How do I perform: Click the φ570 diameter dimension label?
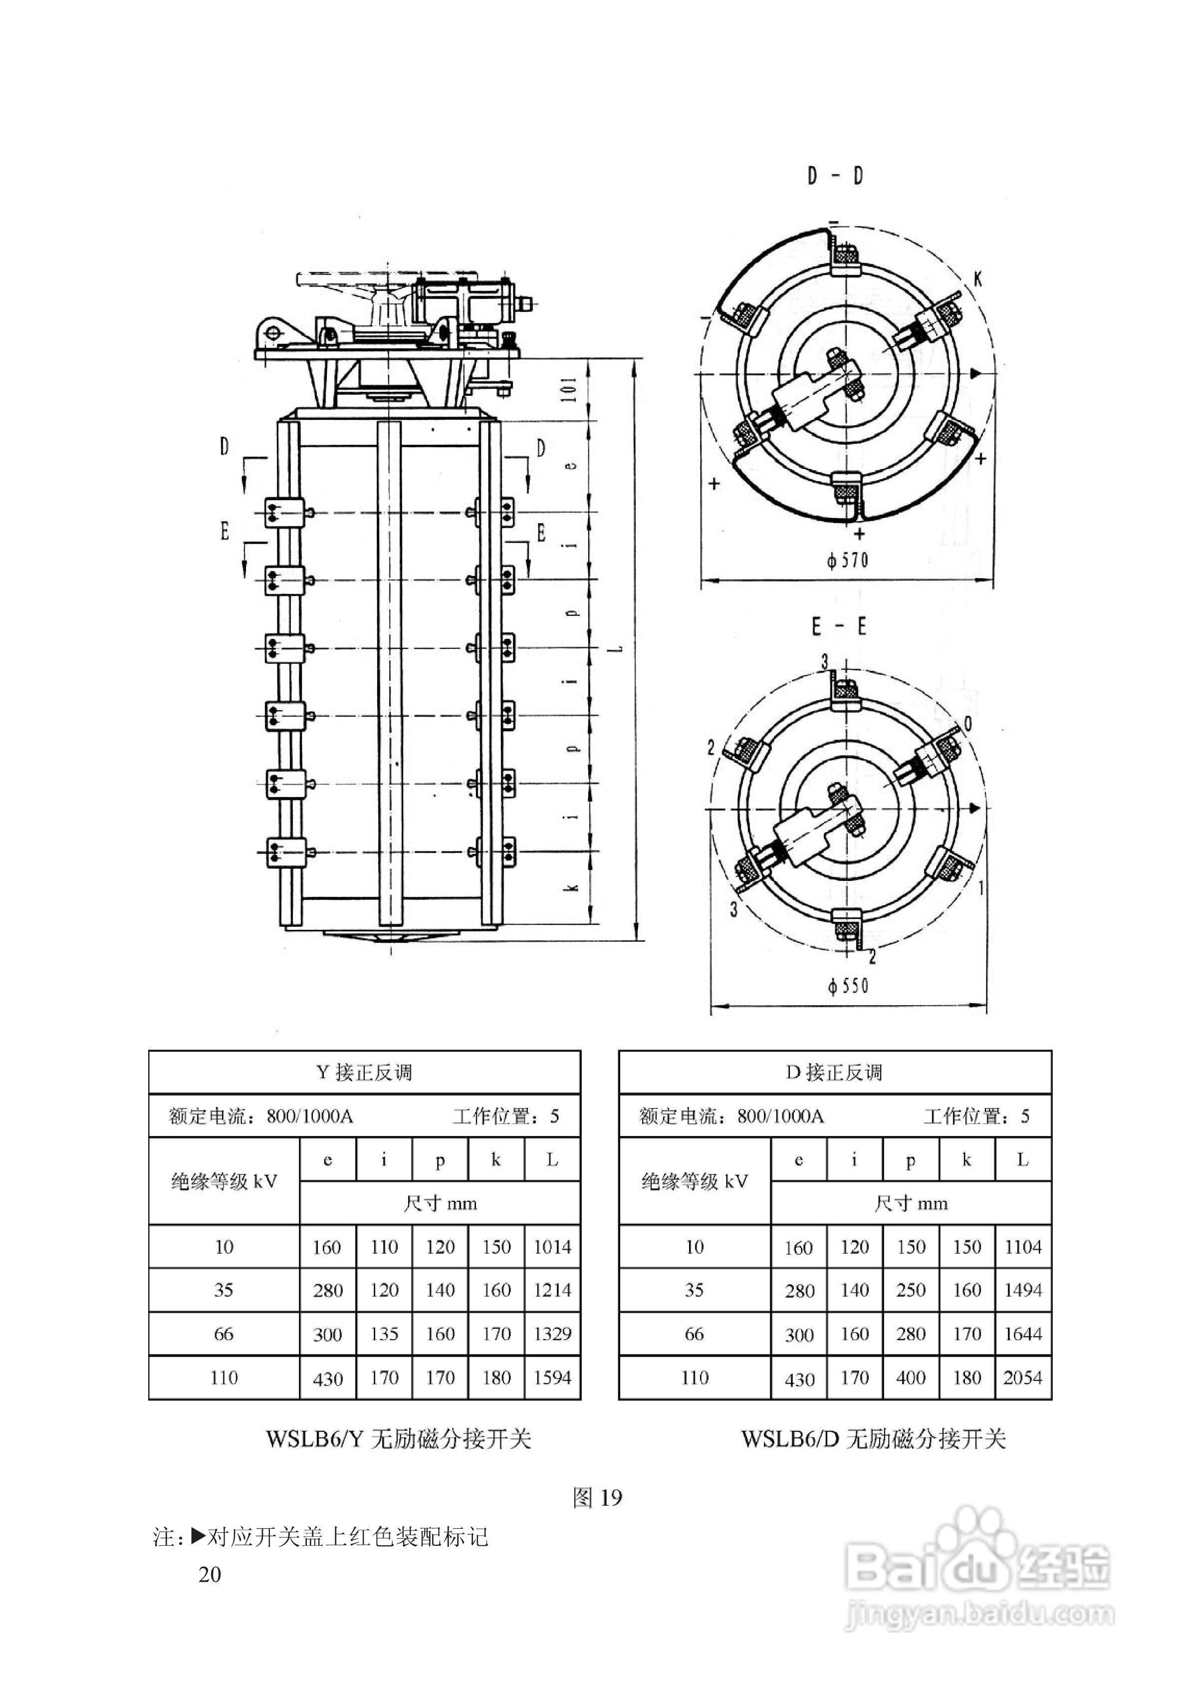coord(848,561)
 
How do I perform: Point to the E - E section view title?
coord(839,627)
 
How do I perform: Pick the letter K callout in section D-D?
coord(978,278)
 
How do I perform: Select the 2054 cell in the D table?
coord(1022,1378)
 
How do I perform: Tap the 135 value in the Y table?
coord(384,1334)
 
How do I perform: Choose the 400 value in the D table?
coord(911,1378)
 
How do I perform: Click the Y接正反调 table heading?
coord(365,1073)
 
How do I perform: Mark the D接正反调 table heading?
coord(834,1073)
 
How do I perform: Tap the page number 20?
coord(210,1575)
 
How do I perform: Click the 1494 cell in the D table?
coord(1022,1290)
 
